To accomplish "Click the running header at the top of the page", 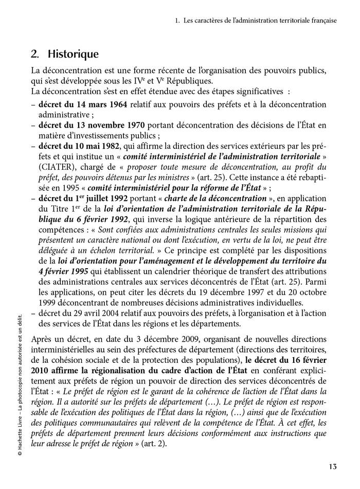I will point(256,21).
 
